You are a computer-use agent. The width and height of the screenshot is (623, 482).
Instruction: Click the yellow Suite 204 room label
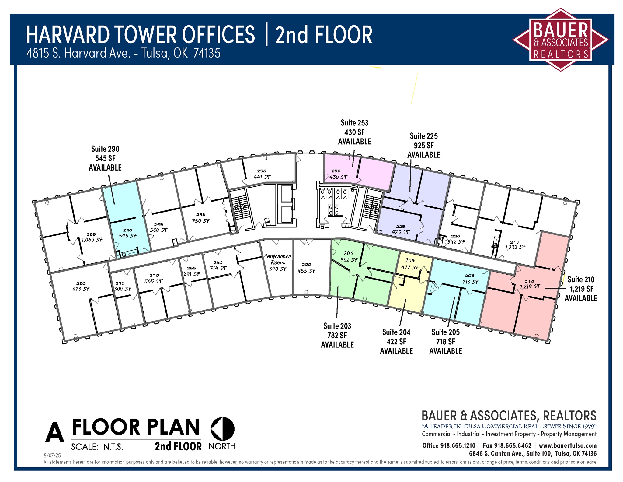410,264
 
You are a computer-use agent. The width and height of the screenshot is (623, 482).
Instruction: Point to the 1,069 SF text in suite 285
92,239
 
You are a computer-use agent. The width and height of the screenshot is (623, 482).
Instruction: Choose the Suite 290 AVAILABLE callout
105,158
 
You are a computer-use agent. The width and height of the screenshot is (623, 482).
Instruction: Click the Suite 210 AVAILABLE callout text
581,289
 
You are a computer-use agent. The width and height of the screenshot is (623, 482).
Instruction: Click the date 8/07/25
52,456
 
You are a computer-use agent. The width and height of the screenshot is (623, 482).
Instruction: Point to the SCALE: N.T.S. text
97,447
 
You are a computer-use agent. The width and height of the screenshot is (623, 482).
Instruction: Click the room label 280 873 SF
81,286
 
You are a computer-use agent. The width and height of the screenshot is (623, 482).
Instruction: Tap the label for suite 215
515,245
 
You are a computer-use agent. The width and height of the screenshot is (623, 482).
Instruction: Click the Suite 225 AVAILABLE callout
423,145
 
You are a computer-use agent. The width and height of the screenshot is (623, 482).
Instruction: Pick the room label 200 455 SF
306,268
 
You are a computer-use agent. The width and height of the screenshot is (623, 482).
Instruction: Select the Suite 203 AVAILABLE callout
337,335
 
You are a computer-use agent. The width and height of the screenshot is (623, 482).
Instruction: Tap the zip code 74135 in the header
207,53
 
